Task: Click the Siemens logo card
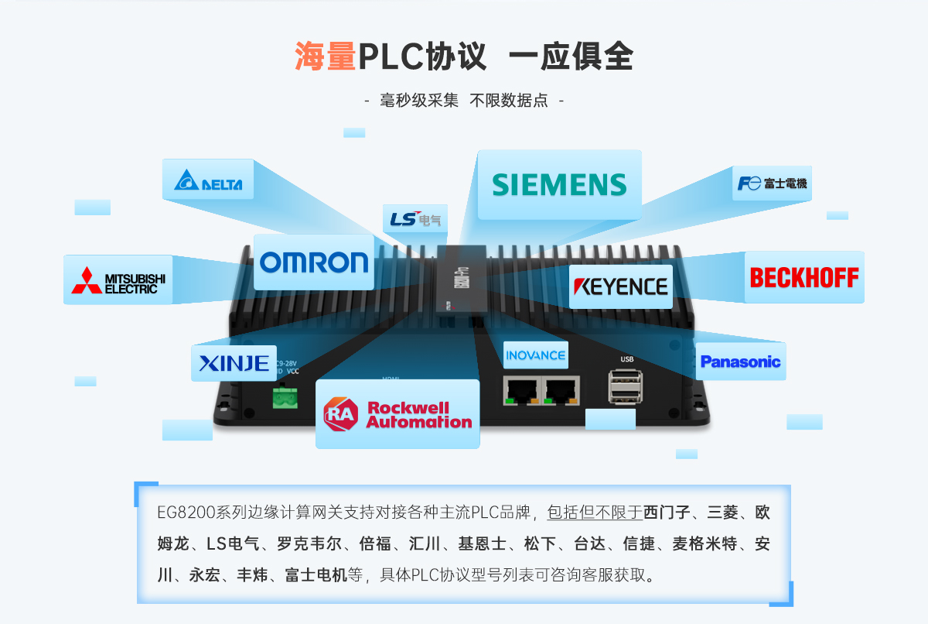559,184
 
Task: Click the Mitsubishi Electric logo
118,280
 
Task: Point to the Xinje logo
234,362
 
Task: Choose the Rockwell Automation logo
397,414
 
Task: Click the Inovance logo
535,355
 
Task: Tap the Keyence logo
620,286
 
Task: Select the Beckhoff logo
804,277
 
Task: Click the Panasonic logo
740,362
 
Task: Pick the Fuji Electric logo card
772,183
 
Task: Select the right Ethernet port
561,390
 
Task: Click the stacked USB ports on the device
623,386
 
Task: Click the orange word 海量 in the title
325,57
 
